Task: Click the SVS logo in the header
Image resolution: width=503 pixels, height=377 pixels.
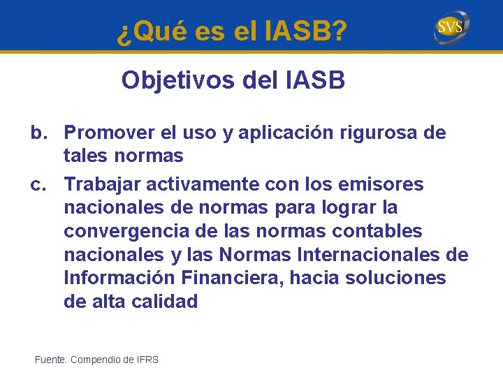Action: click(x=451, y=28)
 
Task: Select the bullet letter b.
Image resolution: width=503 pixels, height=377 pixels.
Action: click(x=39, y=133)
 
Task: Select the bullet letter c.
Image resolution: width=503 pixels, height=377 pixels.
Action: click(x=39, y=184)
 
